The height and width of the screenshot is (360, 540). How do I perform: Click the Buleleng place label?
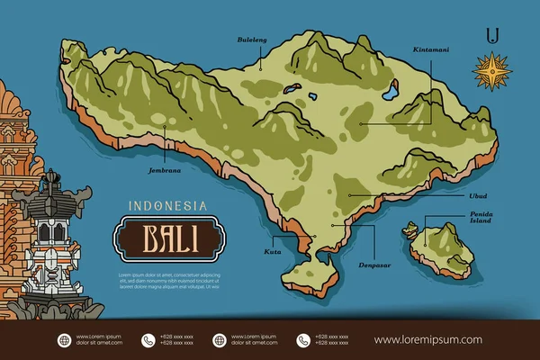click(x=252, y=40)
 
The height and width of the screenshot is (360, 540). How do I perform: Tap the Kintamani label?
click(x=431, y=49)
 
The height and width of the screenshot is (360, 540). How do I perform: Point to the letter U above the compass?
click(x=491, y=35)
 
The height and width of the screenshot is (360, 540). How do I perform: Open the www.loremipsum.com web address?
click(x=427, y=340)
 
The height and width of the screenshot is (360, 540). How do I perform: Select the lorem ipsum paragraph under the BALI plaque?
click(x=168, y=280)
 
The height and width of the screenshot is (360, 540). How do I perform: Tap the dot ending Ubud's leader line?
click(x=346, y=194)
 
